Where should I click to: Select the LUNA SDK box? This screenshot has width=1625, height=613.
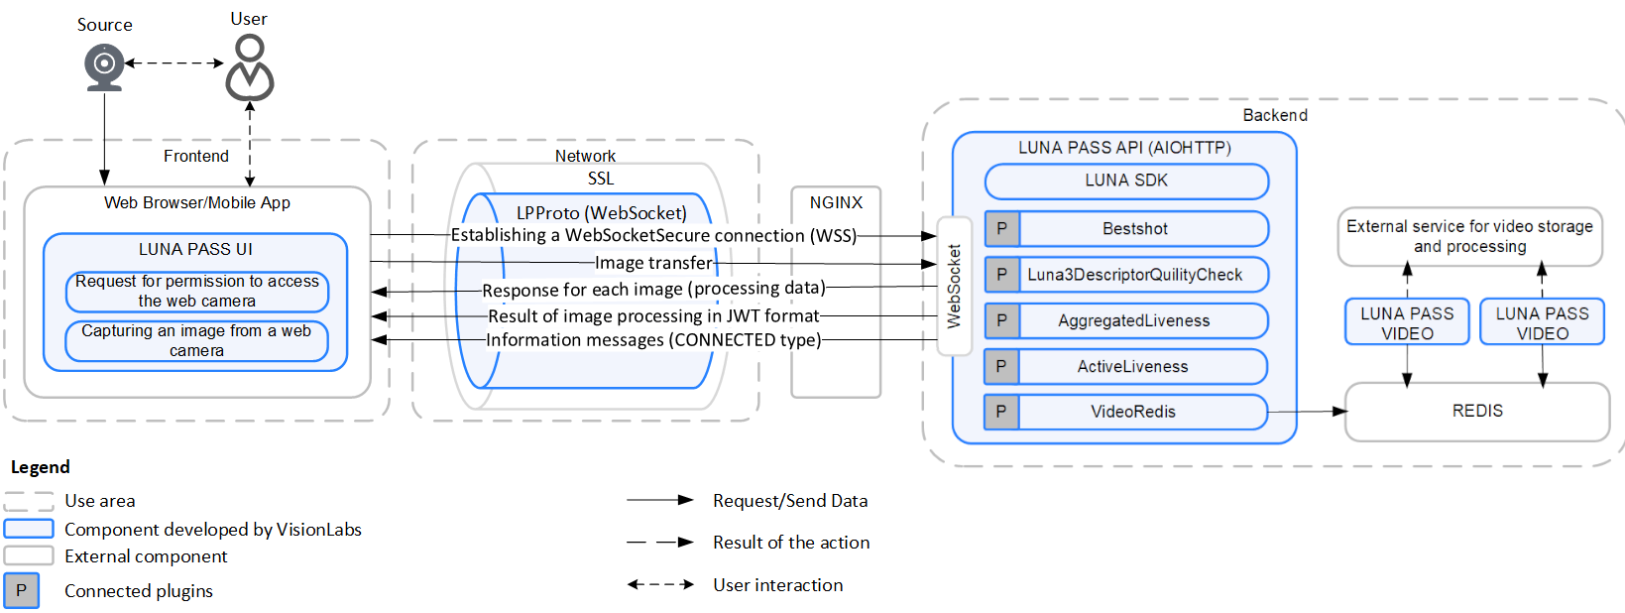coord(1126,181)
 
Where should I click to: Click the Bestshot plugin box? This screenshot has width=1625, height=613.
coord(1135,229)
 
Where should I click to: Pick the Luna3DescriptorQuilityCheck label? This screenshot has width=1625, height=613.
coord(1134,275)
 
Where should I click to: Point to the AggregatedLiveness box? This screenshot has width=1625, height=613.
coord(1133,320)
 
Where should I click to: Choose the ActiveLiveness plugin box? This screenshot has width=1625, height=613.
coord(1132,366)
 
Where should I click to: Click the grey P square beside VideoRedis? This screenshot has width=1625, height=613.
coord(1001,412)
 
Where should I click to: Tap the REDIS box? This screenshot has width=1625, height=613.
coord(1476,411)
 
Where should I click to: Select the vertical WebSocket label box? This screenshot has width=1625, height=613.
coord(954,286)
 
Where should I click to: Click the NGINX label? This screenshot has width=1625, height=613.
coord(836,202)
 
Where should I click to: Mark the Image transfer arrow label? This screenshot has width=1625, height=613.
coord(653,263)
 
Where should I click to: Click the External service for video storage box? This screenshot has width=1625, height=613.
coord(1469,236)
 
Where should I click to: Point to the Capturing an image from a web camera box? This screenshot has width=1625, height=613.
coord(196,340)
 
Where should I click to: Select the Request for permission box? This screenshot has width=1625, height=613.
coord(196,291)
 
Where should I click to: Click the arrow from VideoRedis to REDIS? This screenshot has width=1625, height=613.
coord(1307,411)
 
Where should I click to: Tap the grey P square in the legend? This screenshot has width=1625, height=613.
coord(21,590)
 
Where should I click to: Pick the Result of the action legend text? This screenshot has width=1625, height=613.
coord(790,543)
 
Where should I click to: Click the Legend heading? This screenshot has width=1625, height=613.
coord(40,467)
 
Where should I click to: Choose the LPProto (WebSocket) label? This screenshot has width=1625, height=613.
coord(601,213)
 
